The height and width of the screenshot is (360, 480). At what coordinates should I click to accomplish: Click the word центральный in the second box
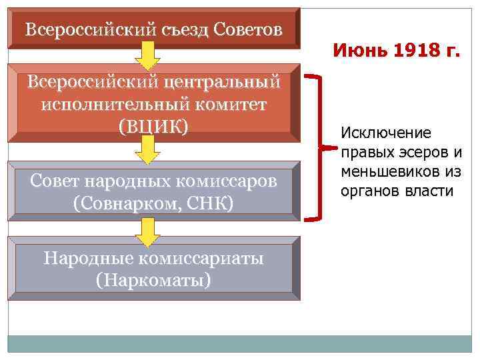coord(219,83)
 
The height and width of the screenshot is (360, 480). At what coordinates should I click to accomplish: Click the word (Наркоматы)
coord(153,279)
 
